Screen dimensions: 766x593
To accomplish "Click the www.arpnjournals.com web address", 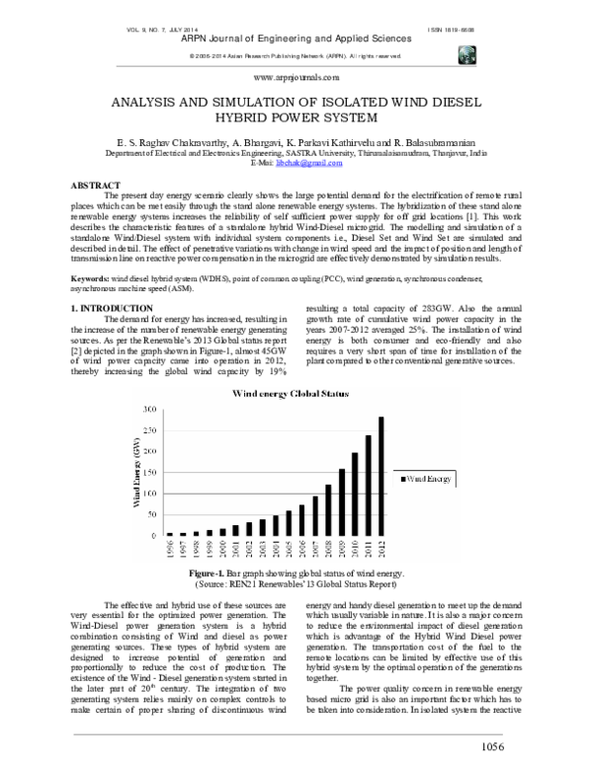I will point(296,77).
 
